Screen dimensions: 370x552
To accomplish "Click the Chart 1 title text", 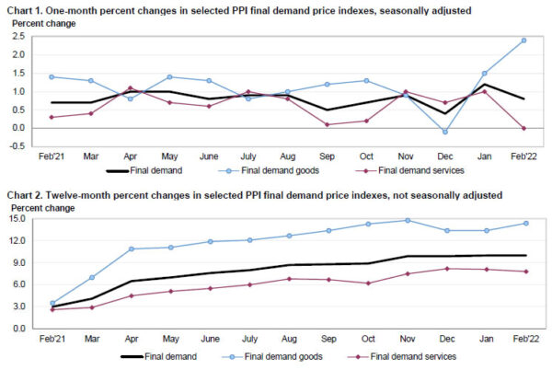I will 239,9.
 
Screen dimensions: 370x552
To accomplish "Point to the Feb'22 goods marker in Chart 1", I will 523,40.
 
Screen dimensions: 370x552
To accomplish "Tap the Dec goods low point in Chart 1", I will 445,132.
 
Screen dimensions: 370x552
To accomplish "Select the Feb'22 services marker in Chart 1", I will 523,128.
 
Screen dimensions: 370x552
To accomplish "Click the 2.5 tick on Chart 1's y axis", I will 18,36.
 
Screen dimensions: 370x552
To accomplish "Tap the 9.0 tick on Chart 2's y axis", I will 18,262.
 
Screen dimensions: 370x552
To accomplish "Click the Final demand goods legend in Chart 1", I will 272,171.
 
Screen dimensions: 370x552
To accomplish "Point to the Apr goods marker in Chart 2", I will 130,249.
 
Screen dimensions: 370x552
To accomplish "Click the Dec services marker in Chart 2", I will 445,269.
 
